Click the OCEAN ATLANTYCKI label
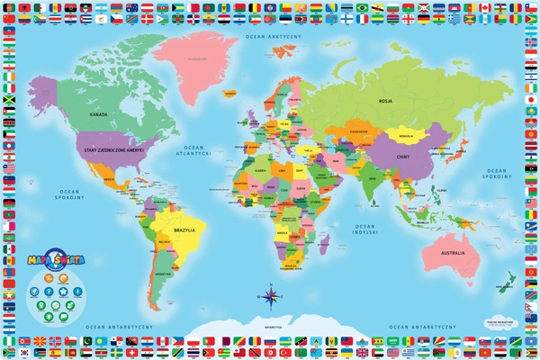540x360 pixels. [197, 151]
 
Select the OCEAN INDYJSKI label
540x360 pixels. [364, 229]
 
